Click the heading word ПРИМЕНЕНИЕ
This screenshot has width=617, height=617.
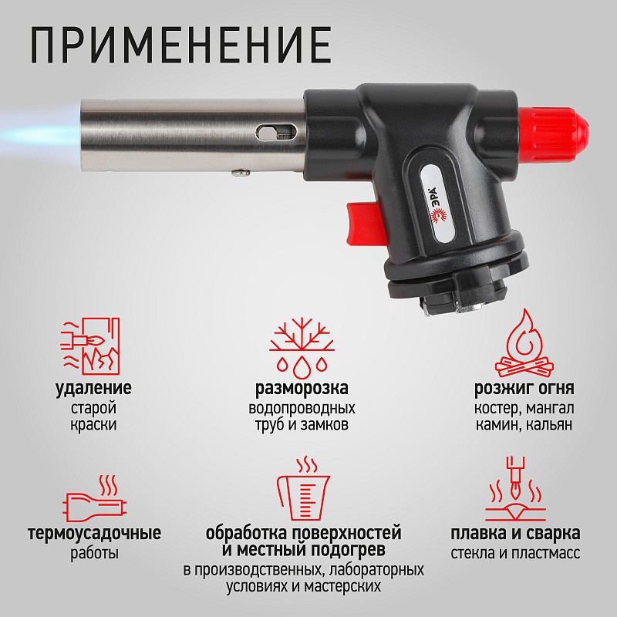coord(181,44)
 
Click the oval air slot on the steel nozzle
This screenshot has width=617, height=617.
coord(275,132)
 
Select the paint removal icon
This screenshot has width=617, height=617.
coord(90,346)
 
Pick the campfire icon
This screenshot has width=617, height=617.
coord(524,343)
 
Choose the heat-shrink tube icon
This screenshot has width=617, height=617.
coord(94,499)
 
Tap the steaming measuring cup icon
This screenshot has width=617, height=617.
coord(303,489)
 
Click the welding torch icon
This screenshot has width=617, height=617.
coord(514,490)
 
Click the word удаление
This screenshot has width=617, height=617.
coord(93,389)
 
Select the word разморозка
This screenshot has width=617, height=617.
coord(302,389)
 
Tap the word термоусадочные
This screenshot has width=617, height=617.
coord(94,534)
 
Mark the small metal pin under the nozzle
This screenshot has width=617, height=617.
coord(241,172)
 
